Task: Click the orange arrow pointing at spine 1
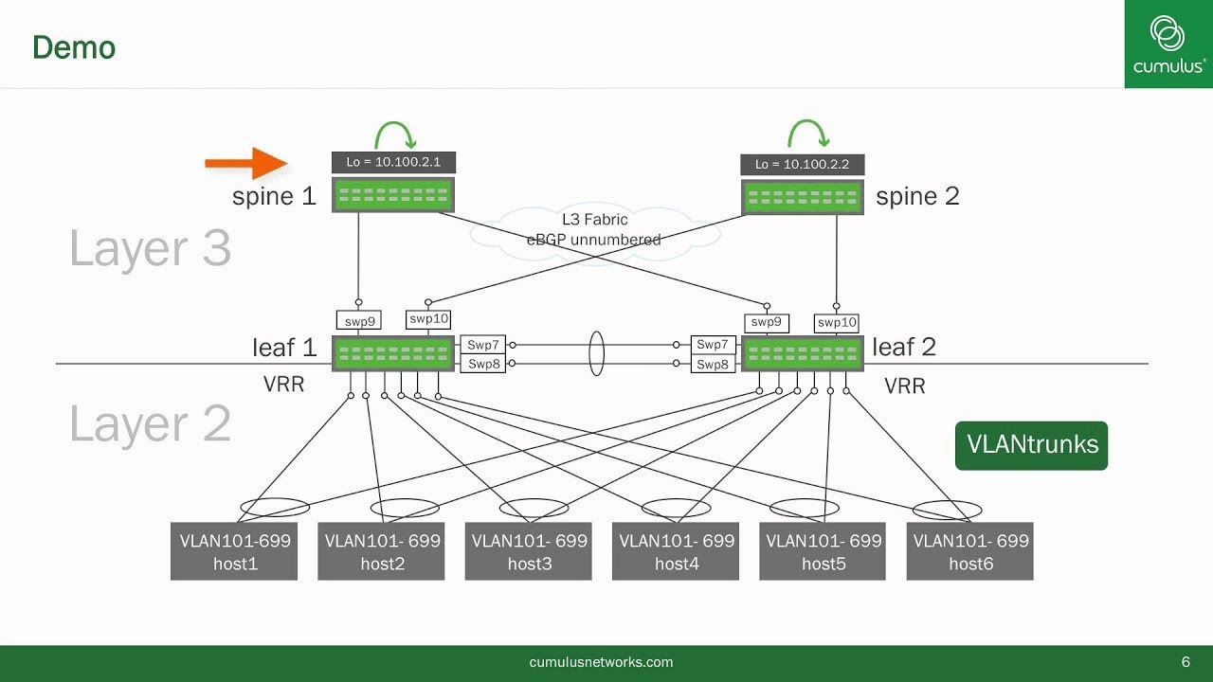click(x=245, y=163)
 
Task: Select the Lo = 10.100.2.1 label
click(x=393, y=162)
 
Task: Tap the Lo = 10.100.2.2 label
click(x=802, y=165)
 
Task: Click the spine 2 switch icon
click(x=802, y=197)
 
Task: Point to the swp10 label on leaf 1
click(x=428, y=319)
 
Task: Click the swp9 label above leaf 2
click(x=766, y=322)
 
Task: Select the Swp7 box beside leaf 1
click(x=483, y=345)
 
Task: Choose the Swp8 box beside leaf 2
click(x=713, y=365)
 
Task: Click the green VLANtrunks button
click(x=1031, y=445)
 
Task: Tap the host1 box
click(x=234, y=551)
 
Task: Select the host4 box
click(x=676, y=551)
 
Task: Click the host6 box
click(x=969, y=551)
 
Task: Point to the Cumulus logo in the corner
click(x=1168, y=44)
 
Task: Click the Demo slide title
click(x=74, y=47)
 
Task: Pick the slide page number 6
click(x=1186, y=662)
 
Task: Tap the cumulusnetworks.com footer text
click(x=601, y=662)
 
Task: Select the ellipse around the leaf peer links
click(x=596, y=353)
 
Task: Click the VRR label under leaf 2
click(x=904, y=386)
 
